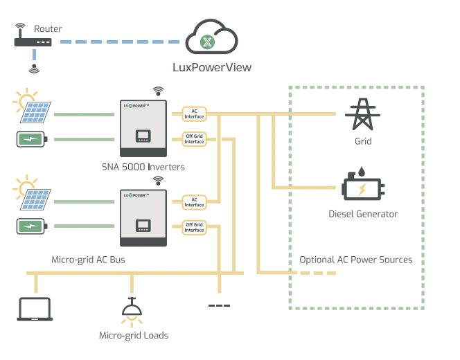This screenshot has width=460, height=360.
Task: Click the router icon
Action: click(33, 42)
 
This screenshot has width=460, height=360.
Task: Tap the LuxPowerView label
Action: click(211, 68)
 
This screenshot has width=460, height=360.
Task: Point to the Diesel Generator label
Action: click(363, 214)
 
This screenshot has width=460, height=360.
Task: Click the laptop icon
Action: click(34, 309)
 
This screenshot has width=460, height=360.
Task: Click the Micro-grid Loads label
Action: click(134, 335)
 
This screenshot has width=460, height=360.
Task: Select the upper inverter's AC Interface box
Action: click(194, 112)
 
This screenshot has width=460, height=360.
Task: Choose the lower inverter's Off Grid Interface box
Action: click(194, 227)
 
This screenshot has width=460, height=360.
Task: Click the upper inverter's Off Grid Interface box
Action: click(194, 138)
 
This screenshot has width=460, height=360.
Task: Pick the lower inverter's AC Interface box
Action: click(194, 201)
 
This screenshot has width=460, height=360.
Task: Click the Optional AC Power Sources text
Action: click(355, 260)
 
